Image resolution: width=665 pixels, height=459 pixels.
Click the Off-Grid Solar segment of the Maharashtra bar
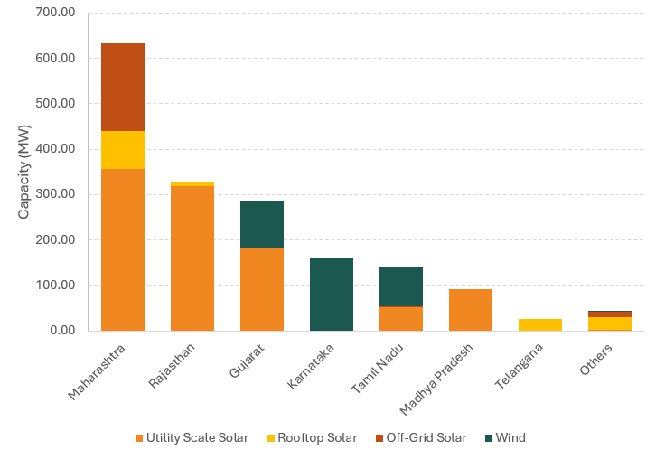[x=123, y=87]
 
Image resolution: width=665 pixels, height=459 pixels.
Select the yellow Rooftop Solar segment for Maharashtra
[x=123, y=150]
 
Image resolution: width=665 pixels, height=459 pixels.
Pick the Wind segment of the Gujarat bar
[x=262, y=224]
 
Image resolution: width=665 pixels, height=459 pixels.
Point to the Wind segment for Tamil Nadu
[x=401, y=286]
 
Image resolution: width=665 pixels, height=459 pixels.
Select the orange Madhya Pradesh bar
[x=471, y=309]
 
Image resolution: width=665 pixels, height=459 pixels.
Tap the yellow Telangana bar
[x=540, y=324]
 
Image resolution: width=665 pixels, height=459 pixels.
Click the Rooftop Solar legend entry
[x=315, y=438]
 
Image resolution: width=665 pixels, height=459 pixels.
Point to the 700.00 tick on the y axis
[x=56, y=13]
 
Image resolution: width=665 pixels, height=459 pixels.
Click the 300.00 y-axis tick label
[x=56, y=194]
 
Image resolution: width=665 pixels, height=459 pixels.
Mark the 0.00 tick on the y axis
[x=61, y=331]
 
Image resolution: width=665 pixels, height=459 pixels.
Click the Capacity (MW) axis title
[x=24, y=172]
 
